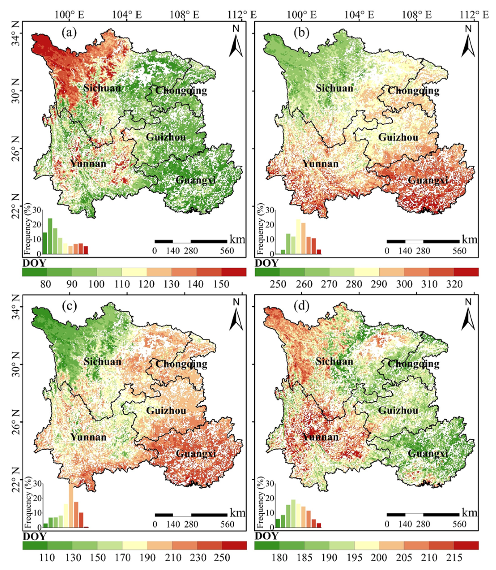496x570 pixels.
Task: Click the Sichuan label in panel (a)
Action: click(x=102, y=88)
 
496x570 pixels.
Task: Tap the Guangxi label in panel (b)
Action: click(x=428, y=180)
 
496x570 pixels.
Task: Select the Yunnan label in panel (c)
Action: click(x=88, y=437)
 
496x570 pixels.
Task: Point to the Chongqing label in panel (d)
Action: click(x=413, y=363)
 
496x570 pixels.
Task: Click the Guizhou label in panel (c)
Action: click(x=166, y=410)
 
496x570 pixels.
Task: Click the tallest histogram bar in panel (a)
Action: click(x=50, y=236)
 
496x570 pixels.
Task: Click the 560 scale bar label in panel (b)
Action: click(x=460, y=251)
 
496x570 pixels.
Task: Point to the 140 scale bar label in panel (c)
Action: click(x=173, y=524)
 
